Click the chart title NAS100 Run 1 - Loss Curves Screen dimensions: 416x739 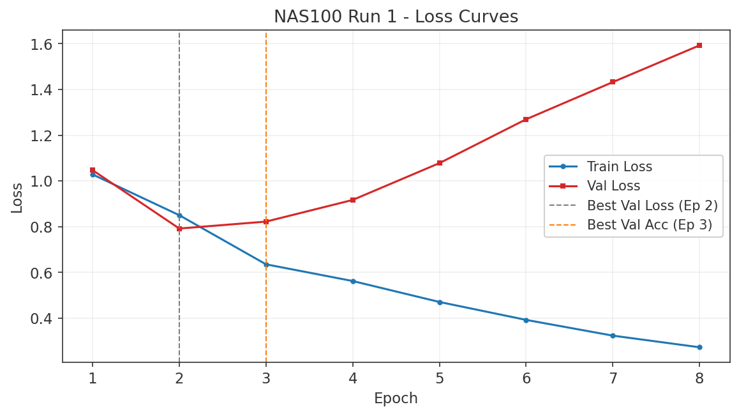pyautogui.click(x=396, y=17)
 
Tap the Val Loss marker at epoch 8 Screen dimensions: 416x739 pyautogui.click(x=699, y=45)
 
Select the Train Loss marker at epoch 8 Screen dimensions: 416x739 pyautogui.click(x=699, y=347)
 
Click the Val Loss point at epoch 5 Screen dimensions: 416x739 pyautogui.click(x=439, y=163)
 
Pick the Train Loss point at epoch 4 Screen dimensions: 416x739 pyautogui.click(x=352, y=281)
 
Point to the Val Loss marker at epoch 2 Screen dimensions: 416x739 pyautogui.click(x=179, y=228)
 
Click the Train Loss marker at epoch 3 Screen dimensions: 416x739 pyautogui.click(x=266, y=264)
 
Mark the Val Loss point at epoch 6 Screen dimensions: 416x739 pyautogui.click(x=526, y=119)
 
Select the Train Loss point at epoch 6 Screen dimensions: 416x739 pyautogui.click(x=526, y=320)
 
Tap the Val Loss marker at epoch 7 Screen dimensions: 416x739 pyautogui.click(x=613, y=82)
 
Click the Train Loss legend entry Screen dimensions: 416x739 pyautogui.click(x=619, y=167)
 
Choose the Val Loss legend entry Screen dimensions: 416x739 pyautogui.click(x=613, y=187)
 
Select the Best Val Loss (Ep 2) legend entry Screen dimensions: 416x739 pyautogui.click(x=652, y=206)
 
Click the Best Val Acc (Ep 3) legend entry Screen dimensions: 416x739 pyautogui.click(x=649, y=225)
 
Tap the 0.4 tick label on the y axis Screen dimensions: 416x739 pyautogui.click(x=42, y=318)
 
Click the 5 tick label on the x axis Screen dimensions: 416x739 pyautogui.click(x=439, y=378)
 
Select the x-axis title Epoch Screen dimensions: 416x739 pyautogui.click(x=396, y=399)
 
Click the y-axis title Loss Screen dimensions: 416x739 pyautogui.click(x=17, y=197)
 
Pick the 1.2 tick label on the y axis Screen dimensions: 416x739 pyautogui.click(x=42, y=135)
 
